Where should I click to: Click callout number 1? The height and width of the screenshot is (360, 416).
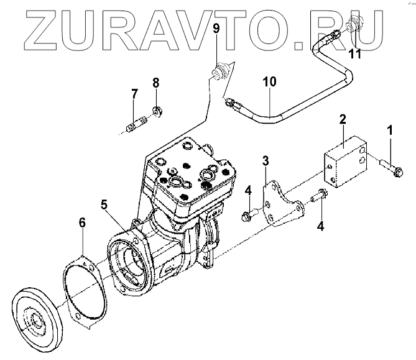pyautogui.click(x=390, y=131)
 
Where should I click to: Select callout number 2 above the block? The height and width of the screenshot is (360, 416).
pyautogui.click(x=342, y=119)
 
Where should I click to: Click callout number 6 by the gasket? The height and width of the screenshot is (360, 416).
pyautogui.click(x=82, y=222)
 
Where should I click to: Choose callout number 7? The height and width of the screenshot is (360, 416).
pyautogui.click(x=134, y=94)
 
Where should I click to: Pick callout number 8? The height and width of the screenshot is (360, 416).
pyautogui.click(x=156, y=83)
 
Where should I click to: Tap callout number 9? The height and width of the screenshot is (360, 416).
pyautogui.click(x=216, y=29)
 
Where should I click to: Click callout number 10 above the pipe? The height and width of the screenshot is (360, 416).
pyautogui.click(x=268, y=81)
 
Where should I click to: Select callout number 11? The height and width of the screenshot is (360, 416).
pyautogui.click(x=354, y=54)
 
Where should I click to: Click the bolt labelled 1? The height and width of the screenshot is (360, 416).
pyautogui.click(x=389, y=165)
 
